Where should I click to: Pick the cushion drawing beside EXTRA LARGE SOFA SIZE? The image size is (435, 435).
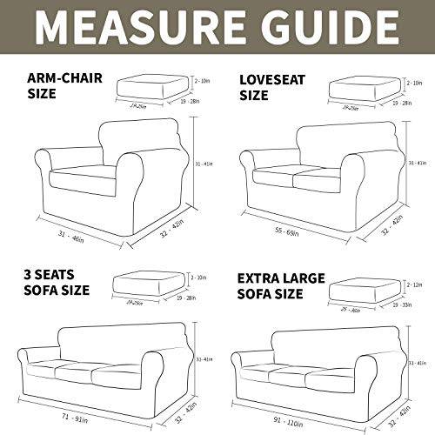(365, 291)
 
